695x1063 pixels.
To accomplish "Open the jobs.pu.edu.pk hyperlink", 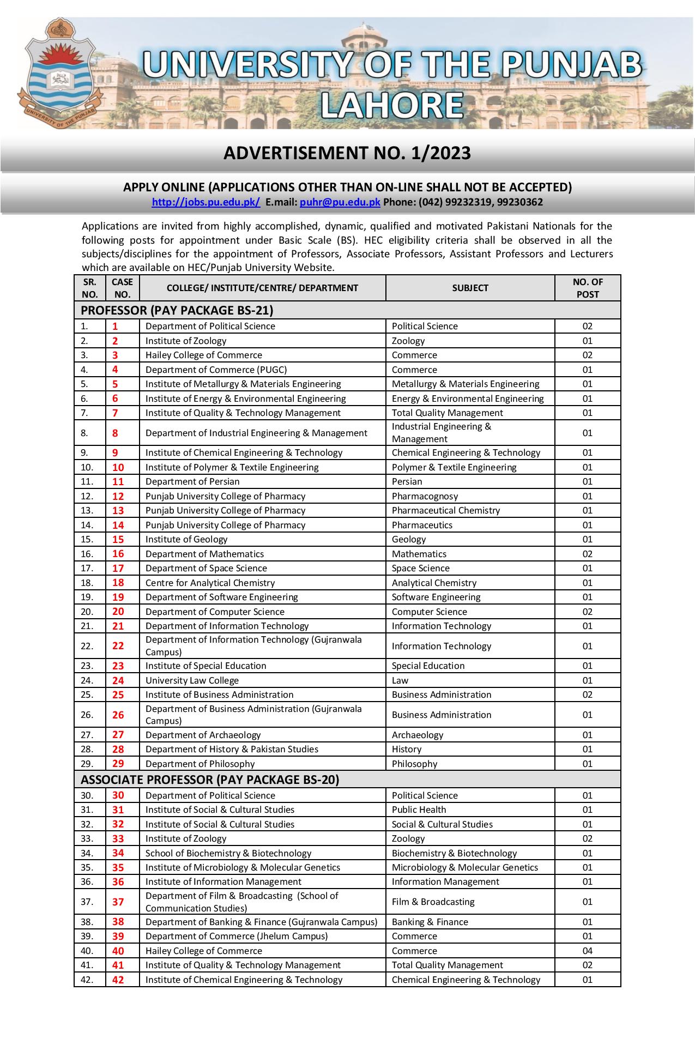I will click(206, 202).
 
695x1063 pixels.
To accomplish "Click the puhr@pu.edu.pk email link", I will click(340, 202).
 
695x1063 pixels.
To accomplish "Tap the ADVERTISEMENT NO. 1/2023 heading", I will click(347, 153).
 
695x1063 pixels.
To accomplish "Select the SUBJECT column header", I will click(470, 288).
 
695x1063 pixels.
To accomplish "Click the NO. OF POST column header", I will click(587, 288).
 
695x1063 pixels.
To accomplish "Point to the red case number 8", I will click(115, 433).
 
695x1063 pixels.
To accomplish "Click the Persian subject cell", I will click(407, 481).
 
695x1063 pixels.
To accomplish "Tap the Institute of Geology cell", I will click(186, 539).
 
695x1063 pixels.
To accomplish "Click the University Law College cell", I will click(192, 680).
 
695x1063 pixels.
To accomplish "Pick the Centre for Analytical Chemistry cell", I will click(210, 583).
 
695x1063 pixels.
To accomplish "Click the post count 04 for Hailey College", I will click(587, 951).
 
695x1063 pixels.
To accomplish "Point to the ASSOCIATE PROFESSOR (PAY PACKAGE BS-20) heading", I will click(210, 780).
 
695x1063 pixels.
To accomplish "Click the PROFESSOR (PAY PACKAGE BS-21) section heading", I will click(177, 310).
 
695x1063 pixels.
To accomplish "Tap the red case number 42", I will click(118, 980).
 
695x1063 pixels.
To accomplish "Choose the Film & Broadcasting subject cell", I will click(433, 902).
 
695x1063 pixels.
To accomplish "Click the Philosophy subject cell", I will click(414, 764).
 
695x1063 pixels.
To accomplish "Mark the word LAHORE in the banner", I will click(392, 105).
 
